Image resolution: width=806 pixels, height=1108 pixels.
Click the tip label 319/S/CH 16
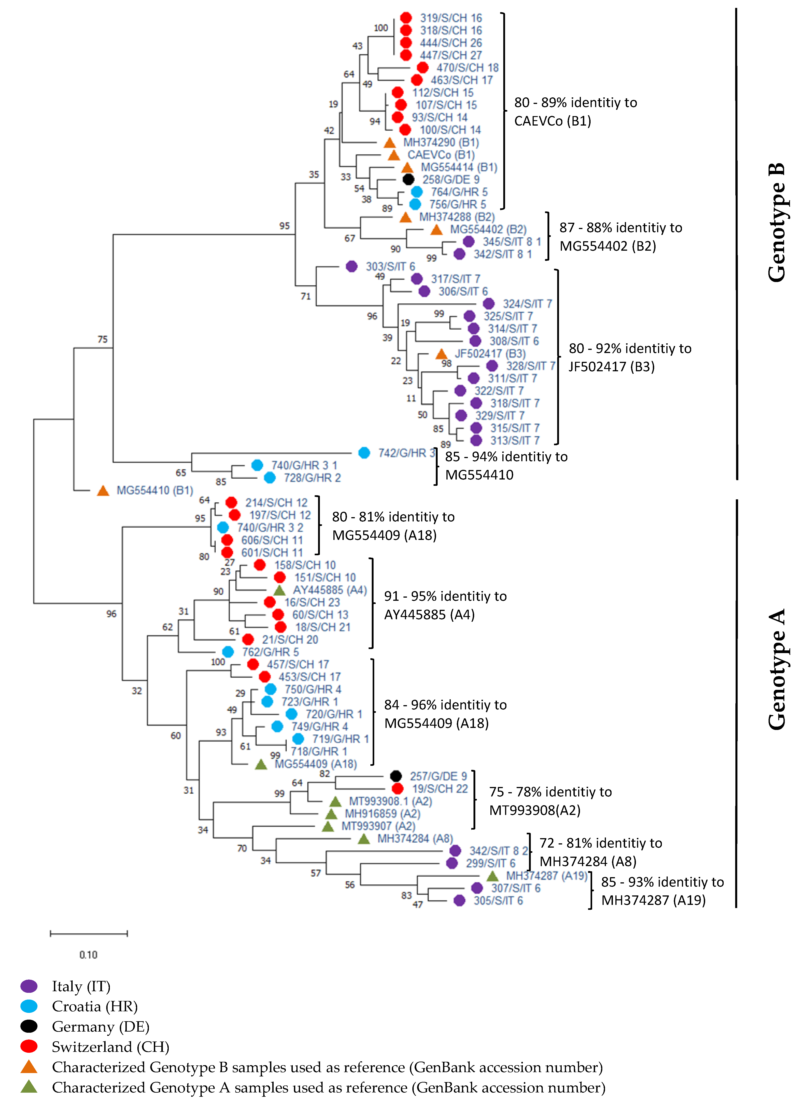point(451,18)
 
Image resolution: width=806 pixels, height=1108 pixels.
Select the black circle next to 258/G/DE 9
point(408,179)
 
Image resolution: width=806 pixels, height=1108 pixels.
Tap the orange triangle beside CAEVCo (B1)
point(393,155)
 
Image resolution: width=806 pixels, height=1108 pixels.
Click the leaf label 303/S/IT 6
point(390,266)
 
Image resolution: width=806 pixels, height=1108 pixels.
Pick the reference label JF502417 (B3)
point(490,353)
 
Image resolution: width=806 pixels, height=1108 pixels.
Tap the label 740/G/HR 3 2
point(270,528)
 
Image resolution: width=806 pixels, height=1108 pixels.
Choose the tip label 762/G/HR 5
point(270,652)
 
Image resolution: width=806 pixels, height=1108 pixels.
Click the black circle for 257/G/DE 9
point(396,776)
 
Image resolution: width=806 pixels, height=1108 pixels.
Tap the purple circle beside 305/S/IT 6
point(459,900)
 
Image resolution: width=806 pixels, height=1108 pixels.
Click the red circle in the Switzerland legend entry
point(29,1046)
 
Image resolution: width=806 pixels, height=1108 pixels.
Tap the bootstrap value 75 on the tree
point(102,339)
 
